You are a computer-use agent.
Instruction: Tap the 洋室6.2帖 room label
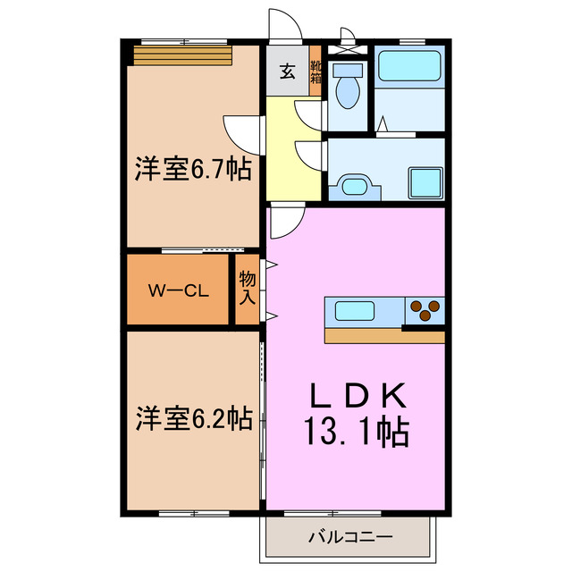tap(192, 417)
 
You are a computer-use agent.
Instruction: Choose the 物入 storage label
tap(248, 290)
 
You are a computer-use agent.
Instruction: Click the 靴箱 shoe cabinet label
tap(315, 71)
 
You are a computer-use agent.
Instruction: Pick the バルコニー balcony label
tap(349, 538)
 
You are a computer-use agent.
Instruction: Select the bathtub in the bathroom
tap(408, 68)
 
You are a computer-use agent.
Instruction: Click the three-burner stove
tap(425, 310)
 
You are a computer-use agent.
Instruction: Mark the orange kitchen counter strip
tap(384, 336)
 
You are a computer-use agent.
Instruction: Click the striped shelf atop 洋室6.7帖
tap(183, 56)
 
